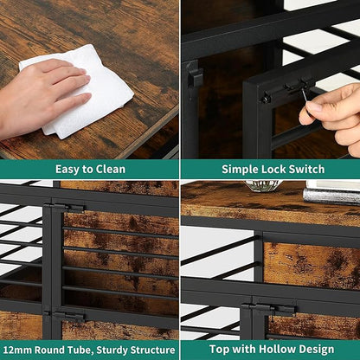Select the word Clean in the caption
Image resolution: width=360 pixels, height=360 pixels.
(x=111, y=169)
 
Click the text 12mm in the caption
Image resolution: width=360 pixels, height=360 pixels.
(x=17, y=350)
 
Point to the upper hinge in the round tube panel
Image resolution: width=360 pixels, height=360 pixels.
(x=64, y=208)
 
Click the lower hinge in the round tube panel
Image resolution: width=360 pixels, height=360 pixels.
(x=64, y=317)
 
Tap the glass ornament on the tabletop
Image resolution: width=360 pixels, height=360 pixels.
(x=262, y=185)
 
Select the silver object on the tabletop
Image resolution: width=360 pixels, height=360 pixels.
(x=331, y=196)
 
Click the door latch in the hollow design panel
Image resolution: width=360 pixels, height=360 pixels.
(x=268, y=309)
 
